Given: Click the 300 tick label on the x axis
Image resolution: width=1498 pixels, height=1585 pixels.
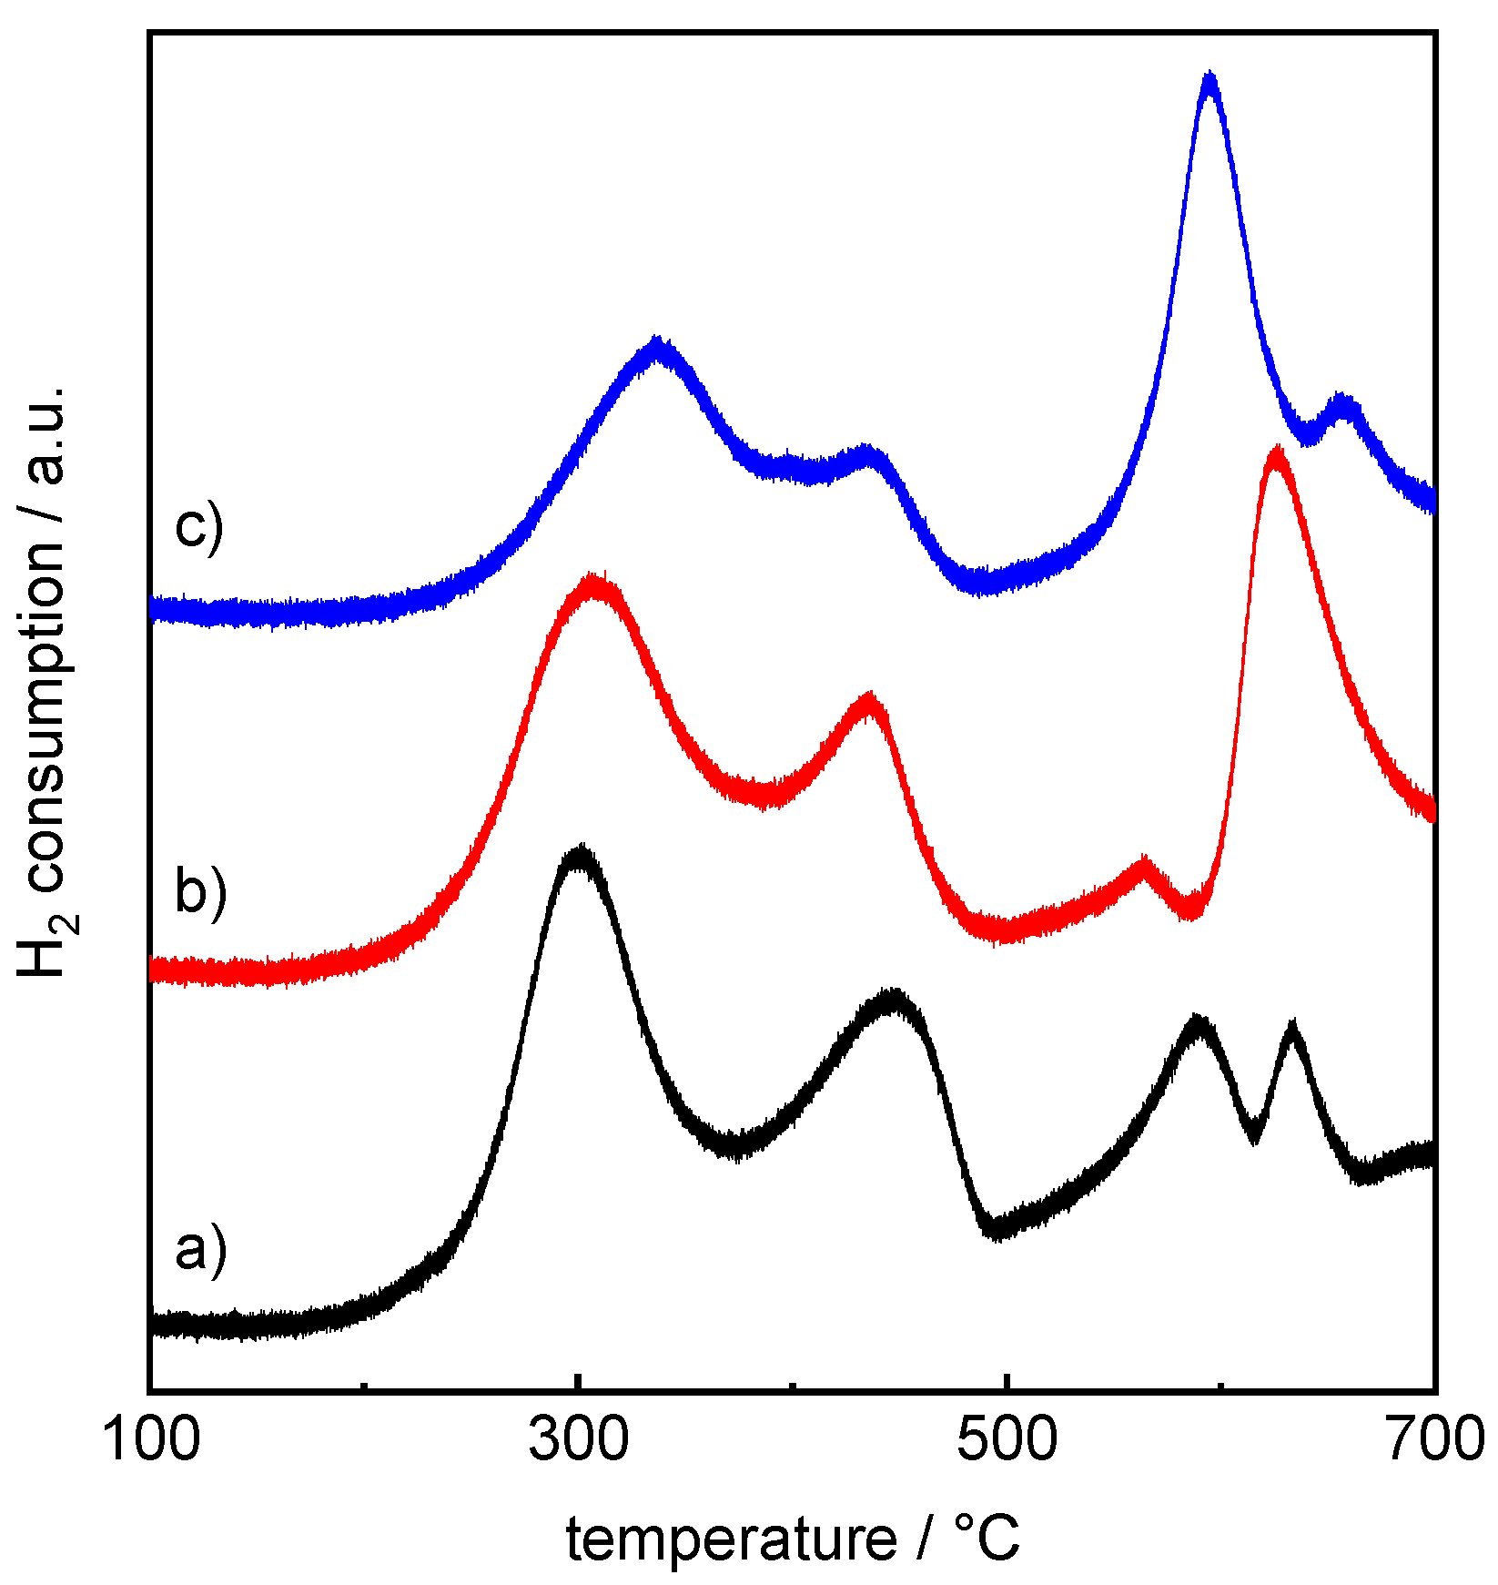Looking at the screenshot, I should (x=579, y=1440).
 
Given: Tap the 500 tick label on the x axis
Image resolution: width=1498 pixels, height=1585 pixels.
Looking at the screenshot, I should (x=1007, y=1440).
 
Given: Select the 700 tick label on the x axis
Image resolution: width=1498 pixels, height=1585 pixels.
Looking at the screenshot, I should (x=1434, y=1440).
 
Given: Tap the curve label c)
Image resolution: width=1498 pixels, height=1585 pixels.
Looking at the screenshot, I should (x=197, y=527).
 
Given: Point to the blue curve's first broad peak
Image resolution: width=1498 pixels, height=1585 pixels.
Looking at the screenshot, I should (x=657, y=348).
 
